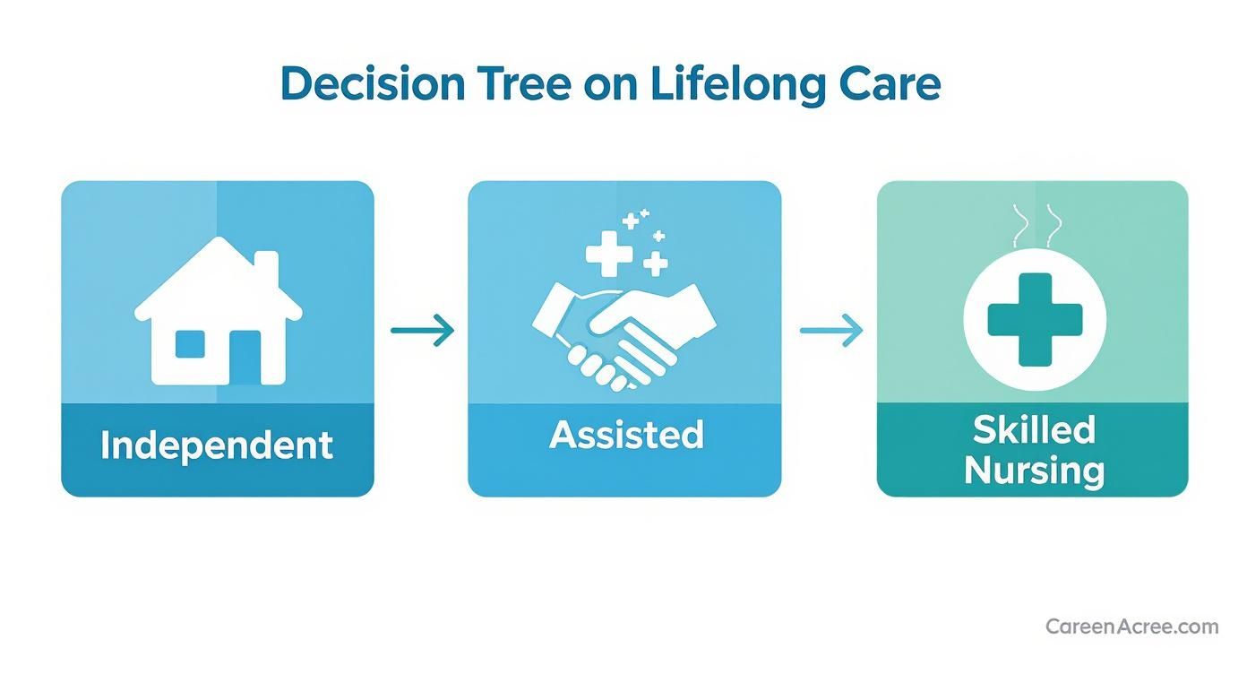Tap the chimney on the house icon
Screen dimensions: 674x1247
[266, 269]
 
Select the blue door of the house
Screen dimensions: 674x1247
[245, 356]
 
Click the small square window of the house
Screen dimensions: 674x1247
[189, 344]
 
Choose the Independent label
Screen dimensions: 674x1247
[217, 445]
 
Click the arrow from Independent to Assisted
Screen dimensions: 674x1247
[422, 331]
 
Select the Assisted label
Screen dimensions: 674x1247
[626, 435]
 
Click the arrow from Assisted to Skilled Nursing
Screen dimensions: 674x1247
[830, 331]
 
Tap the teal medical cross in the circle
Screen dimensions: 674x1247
[1034, 320]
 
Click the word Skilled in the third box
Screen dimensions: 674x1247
[1034, 429]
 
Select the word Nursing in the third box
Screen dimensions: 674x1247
[1034, 470]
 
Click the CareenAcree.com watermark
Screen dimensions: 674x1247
[1131, 626]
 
